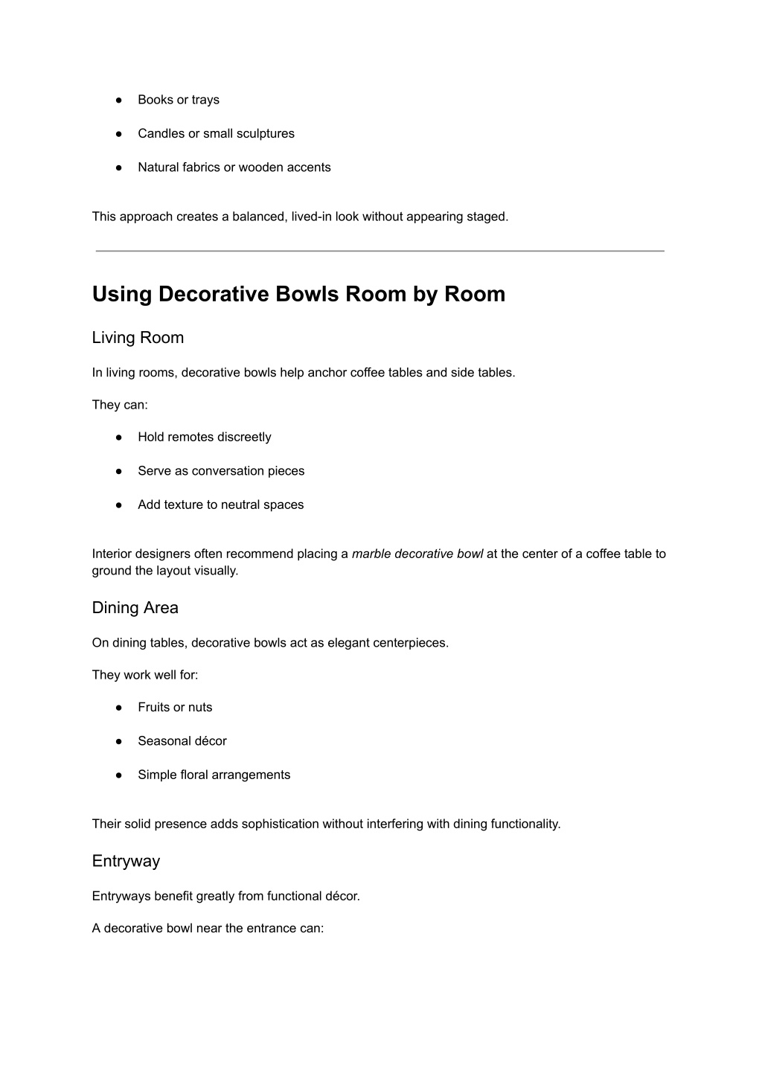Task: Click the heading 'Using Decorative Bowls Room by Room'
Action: click(298, 294)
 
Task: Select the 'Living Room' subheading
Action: click(138, 338)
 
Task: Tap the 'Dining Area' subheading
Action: click(135, 608)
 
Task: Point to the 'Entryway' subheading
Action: click(126, 861)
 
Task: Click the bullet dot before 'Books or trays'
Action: click(118, 100)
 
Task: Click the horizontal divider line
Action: click(380, 252)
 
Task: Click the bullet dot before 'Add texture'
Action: click(118, 505)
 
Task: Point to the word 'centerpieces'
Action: click(412, 643)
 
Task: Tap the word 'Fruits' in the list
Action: click(155, 708)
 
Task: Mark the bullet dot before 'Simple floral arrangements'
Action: click(118, 775)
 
